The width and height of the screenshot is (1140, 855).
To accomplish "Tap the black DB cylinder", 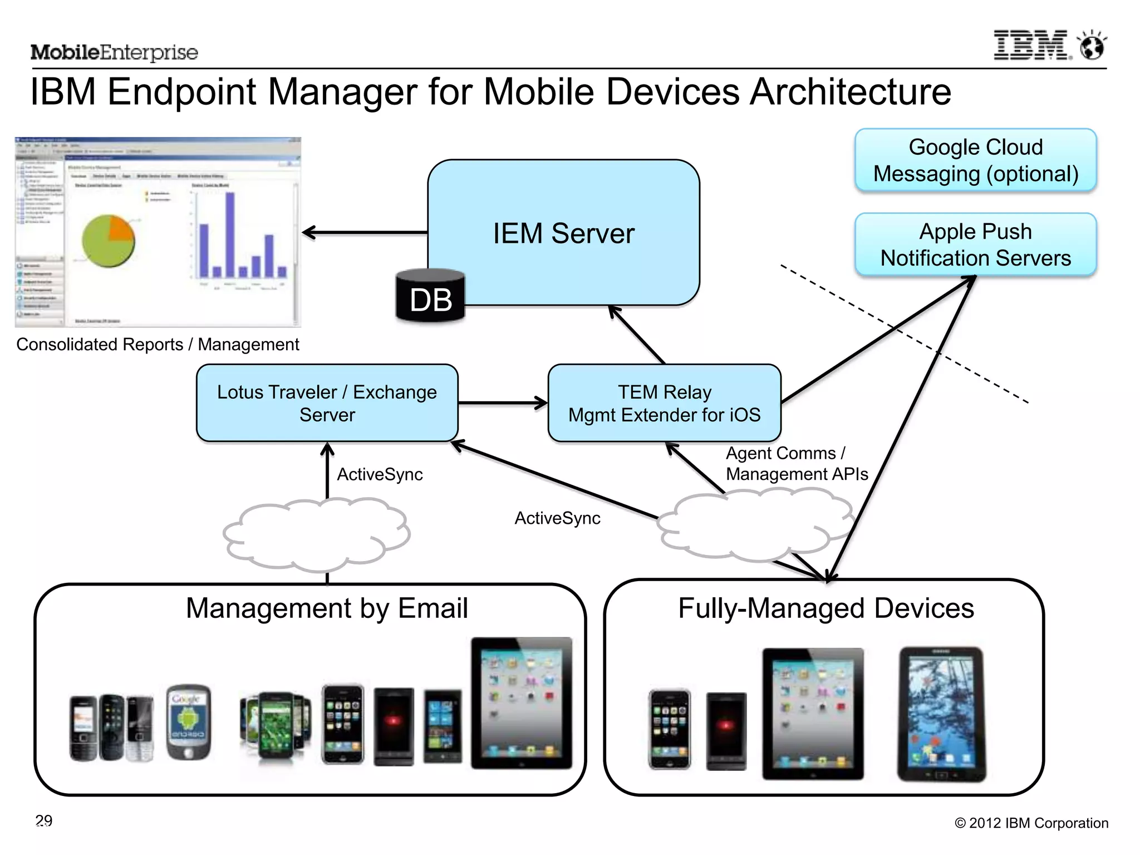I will coord(430,297).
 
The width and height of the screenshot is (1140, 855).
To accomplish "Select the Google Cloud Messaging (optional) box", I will coord(975,160).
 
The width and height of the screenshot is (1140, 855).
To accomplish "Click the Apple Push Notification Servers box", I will coord(975,244).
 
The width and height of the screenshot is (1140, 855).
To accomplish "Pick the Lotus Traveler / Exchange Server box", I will coord(327,403).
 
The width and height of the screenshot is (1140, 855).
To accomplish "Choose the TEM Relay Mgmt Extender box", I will coord(664,403).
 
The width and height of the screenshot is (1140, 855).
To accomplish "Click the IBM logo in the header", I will coord(1031,46).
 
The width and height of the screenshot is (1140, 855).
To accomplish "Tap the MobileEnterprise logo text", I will coord(114,52).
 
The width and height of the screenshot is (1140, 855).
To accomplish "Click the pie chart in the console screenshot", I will coord(108,241).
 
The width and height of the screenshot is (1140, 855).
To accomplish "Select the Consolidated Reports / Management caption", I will coord(158,345).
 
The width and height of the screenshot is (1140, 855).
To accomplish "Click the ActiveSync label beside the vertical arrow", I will coord(380,474).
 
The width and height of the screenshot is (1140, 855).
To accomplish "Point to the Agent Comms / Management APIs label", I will coord(796,463).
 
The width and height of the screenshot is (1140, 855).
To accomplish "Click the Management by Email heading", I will coord(327,608).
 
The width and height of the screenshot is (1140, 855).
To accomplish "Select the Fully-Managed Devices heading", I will coord(826,608).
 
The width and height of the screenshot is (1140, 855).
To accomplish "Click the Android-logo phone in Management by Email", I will coord(189,721).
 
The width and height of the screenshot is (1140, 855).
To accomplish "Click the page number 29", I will coord(44,820).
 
